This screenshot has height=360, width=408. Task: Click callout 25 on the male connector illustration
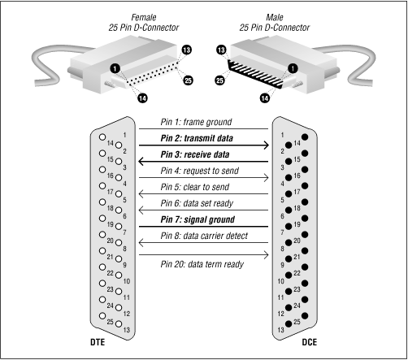pos(219,80)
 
